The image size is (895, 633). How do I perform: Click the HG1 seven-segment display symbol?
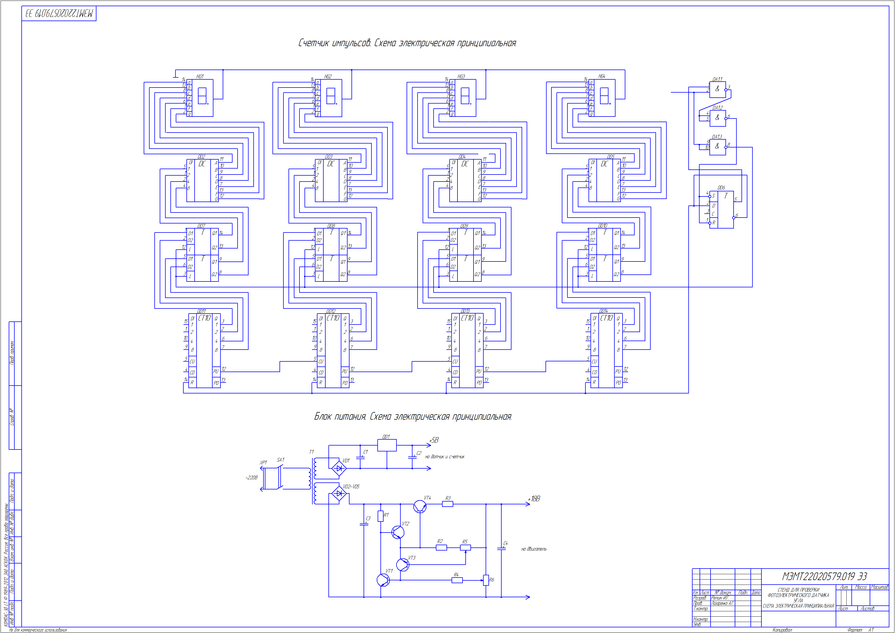tap(202, 96)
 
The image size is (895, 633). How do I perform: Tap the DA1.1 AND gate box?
tap(717, 90)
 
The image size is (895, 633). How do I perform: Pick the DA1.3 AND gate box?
tap(717, 147)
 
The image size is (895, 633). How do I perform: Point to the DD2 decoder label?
tap(201, 156)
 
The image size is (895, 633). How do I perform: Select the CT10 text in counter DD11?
tap(204, 318)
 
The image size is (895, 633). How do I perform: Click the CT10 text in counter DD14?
tap(606, 318)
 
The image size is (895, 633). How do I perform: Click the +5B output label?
tap(434, 440)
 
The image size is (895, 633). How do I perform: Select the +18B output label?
tap(534, 499)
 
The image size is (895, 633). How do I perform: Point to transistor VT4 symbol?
tap(420, 507)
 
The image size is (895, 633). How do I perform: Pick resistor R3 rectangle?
tap(448, 504)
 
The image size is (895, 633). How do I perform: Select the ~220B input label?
tap(251, 478)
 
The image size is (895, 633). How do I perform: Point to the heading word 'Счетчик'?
tap(314, 43)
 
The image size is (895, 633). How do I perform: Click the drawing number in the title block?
tap(824, 576)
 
